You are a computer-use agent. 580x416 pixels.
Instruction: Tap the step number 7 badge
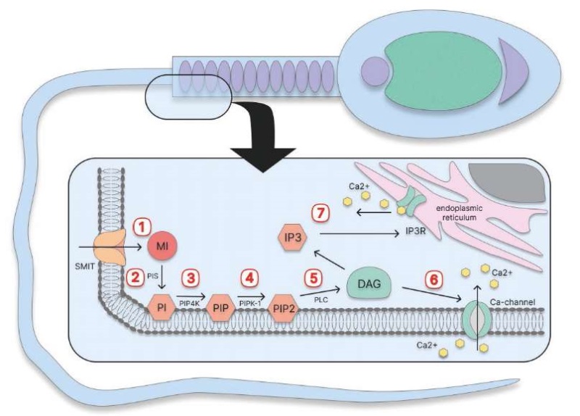[x=320, y=214]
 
